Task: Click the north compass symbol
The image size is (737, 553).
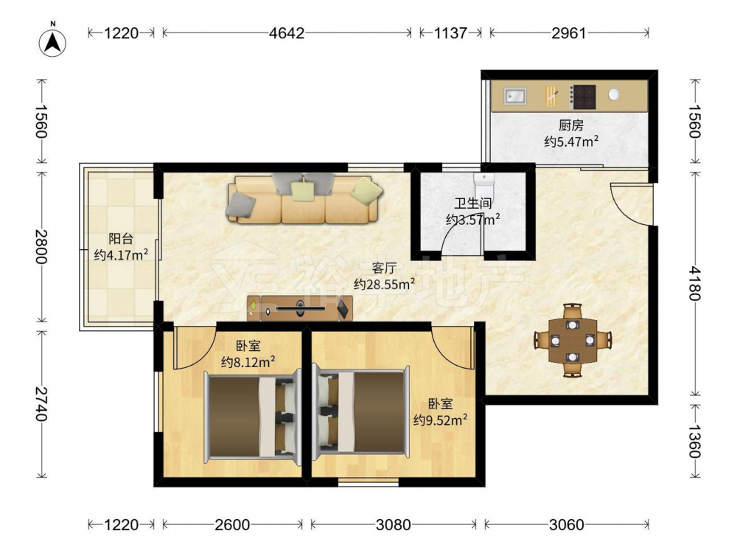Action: click(x=52, y=41)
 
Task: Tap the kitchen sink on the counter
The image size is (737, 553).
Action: click(x=516, y=97)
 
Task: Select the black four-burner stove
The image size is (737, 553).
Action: click(x=583, y=97)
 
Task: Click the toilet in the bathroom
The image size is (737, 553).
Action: click(x=483, y=185)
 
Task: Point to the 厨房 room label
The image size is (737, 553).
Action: click(x=571, y=125)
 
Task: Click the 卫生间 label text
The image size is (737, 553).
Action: click(x=473, y=204)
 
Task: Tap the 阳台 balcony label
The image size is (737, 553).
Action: click(x=121, y=239)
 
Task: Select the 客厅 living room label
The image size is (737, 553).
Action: click(x=384, y=268)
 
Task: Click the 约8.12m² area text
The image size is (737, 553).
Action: click(x=248, y=362)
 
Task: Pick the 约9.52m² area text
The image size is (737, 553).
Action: click(x=441, y=420)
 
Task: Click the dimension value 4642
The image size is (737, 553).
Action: click(x=286, y=33)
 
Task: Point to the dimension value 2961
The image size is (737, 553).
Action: click(x=569, y=33)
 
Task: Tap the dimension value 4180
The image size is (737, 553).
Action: click(x=695, y=282)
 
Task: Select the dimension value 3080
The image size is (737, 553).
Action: click(x=394, y=524)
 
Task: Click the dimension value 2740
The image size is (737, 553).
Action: click(x=41, y=403)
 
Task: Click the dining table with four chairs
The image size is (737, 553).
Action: click(x=573, y=340)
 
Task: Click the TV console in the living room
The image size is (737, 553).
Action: click(x=300, y=308)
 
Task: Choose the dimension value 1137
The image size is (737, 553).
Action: click(x=450, y=33)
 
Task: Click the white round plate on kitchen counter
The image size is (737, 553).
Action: click(x=613, y=94)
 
